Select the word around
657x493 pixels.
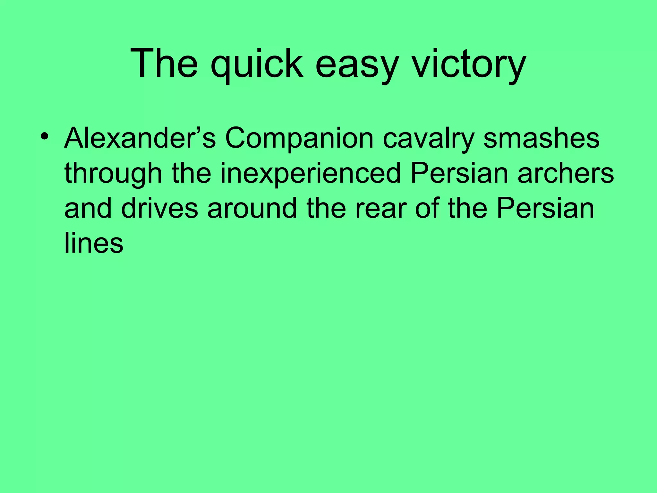coord(252,209)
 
